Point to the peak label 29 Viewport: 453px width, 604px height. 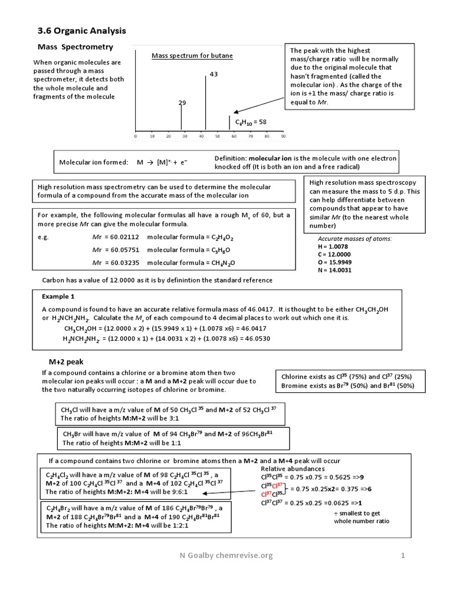182,103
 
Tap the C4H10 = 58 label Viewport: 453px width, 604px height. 251,122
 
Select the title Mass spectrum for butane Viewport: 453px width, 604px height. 192,55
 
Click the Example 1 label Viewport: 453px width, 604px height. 58,296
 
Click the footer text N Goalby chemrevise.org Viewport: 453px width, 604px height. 226,555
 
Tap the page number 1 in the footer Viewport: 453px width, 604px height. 403,555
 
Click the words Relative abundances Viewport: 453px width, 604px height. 290,468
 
